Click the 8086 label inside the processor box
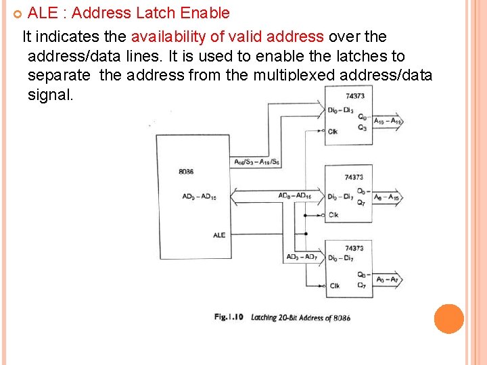186,172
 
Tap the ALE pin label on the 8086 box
219,235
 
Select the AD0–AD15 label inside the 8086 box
200,197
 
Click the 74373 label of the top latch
355,96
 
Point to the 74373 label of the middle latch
354,177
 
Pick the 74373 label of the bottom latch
354,248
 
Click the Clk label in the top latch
333,131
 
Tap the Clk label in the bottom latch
335,286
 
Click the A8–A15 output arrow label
387,197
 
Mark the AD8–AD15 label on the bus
295,196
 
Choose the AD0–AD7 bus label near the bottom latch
301,257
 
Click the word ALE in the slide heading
43,13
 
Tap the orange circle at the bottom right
449,319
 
